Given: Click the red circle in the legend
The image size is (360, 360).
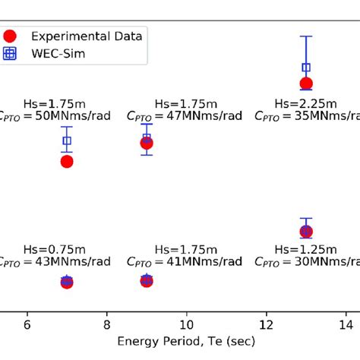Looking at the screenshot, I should click(11, 35).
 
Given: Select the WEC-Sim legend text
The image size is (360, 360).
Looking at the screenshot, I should click(54, 53).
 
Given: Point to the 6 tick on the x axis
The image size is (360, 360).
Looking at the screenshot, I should click(27, 323).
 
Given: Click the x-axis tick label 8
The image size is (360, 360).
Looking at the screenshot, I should click(107, 323).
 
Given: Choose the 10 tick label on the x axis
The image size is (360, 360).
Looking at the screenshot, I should click(186, 323).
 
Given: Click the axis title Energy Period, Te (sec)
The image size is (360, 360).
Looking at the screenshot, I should click(186, 342).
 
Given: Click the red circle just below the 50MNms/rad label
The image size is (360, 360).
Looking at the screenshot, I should click(67, 161).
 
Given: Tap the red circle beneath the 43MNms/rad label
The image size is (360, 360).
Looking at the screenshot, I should click(67, 282).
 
